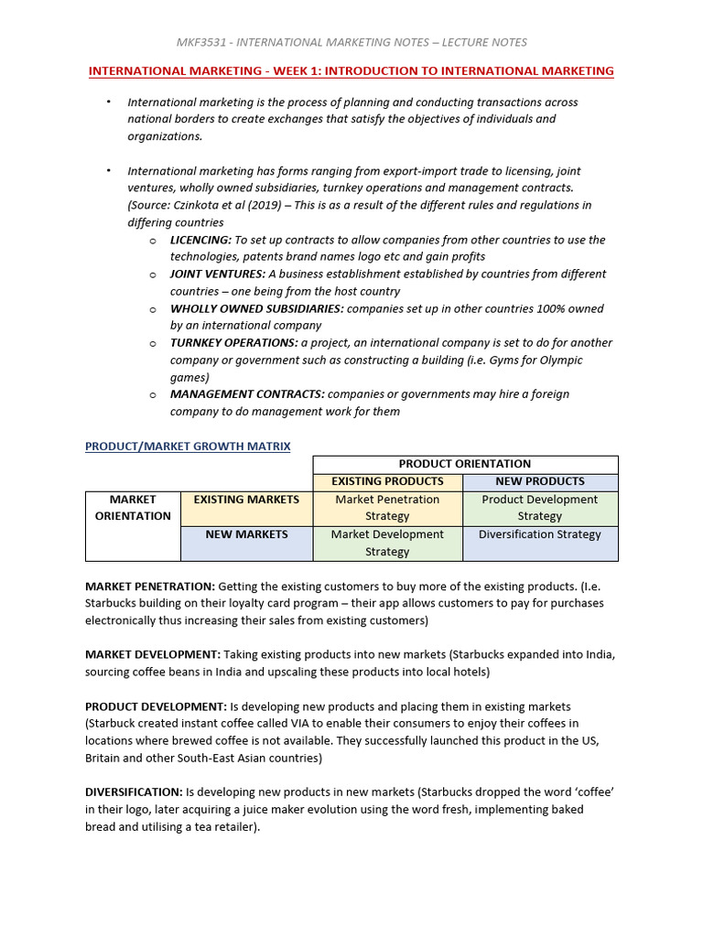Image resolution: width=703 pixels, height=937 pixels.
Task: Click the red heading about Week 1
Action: tap(351, 70)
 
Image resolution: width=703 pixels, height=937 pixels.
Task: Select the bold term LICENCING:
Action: tap(200, 240)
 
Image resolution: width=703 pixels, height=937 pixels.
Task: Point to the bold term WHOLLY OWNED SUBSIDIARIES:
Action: tap(257, 308)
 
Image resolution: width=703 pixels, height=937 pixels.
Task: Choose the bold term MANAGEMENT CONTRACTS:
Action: tap(247, 393)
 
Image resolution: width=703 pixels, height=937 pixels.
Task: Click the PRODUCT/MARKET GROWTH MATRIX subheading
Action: tap(188, 447)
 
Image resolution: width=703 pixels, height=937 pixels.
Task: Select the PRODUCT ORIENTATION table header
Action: tap(465, 464)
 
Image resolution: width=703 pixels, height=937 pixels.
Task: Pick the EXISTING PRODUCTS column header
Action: tap(387, 481)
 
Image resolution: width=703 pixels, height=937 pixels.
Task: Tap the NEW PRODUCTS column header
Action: tap(540, 481)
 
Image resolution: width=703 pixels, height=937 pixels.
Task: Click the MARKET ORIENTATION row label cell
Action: tap(133, 508)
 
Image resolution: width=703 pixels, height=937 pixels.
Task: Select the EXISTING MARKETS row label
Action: tap(246, 500)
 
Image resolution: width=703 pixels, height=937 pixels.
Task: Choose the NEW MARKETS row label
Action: tap(246, 534)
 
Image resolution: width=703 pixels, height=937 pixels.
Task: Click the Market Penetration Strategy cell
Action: tap(387, 508)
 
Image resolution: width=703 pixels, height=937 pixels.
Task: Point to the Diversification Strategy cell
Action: tap(540, 534)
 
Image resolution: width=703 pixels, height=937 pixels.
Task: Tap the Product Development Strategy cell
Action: tap(540, 508)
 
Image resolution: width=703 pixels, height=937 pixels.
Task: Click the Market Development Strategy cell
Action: tap(387, 543)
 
